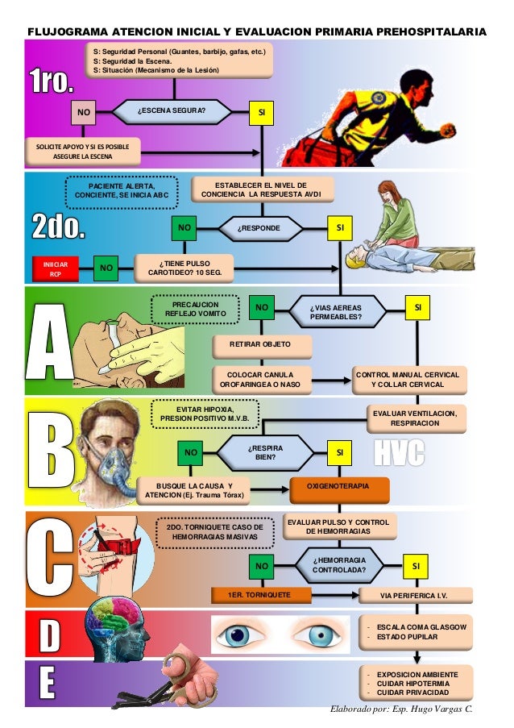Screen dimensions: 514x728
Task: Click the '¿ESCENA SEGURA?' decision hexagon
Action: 171,110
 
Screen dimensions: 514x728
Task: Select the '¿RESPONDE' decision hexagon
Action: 259,229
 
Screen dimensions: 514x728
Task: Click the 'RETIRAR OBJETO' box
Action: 262,346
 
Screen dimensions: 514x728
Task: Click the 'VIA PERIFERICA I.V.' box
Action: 413,596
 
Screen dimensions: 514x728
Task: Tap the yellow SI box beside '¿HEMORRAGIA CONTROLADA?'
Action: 416,567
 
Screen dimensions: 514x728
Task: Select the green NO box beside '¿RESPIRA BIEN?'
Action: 191,453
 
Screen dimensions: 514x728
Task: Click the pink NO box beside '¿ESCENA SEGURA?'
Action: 81,112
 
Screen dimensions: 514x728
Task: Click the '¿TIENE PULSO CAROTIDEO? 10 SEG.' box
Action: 185,268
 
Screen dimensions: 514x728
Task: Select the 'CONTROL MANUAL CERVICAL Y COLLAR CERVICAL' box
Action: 408,380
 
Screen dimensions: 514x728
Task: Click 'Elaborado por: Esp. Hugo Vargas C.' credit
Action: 400,707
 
